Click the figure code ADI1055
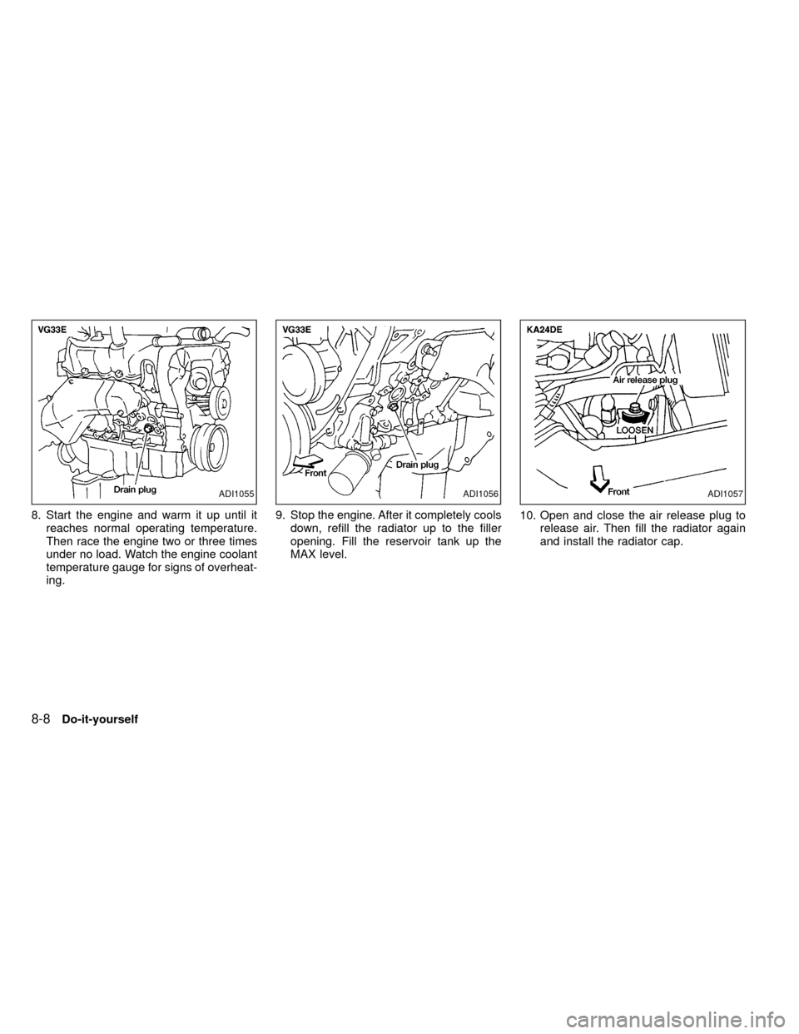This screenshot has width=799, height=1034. [x=237, y=495]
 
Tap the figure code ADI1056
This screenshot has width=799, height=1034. [x=481, y=495]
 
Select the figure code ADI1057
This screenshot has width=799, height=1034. [x=725, y=495]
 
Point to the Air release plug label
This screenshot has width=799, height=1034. [x=644, y=380]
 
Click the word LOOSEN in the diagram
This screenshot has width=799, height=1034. [x=635, y=428]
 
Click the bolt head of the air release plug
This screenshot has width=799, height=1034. [x=633, y=408]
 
